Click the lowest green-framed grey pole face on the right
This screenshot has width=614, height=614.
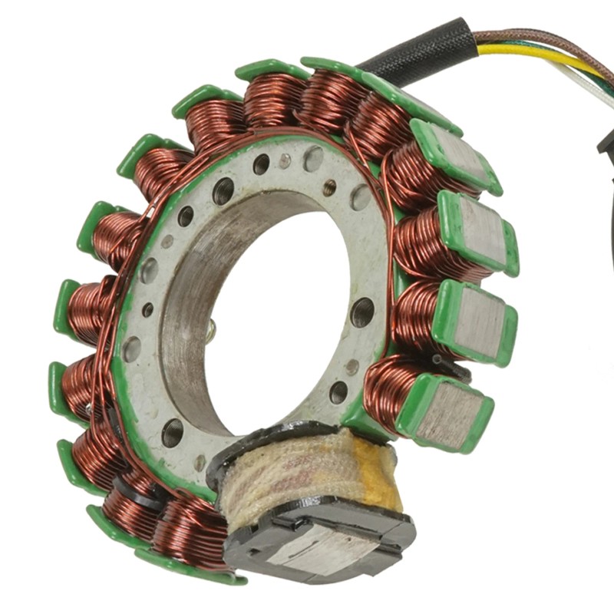[449, 414]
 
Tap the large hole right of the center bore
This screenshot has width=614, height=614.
[361, 312]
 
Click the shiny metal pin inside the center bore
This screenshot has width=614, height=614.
[211, 330]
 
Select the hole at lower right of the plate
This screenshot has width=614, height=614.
[338, 392]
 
